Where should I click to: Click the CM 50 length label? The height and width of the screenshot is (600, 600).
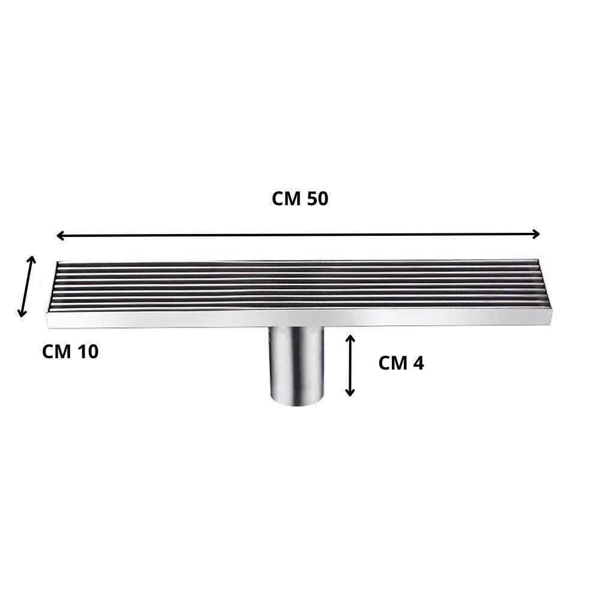[x=300, y=199]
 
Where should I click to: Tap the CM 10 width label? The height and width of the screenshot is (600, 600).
[x=70, y=352]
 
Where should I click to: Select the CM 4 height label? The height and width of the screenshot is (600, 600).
[x=401, y=363]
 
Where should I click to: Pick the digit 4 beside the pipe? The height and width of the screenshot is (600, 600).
[x=419, y=363]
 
